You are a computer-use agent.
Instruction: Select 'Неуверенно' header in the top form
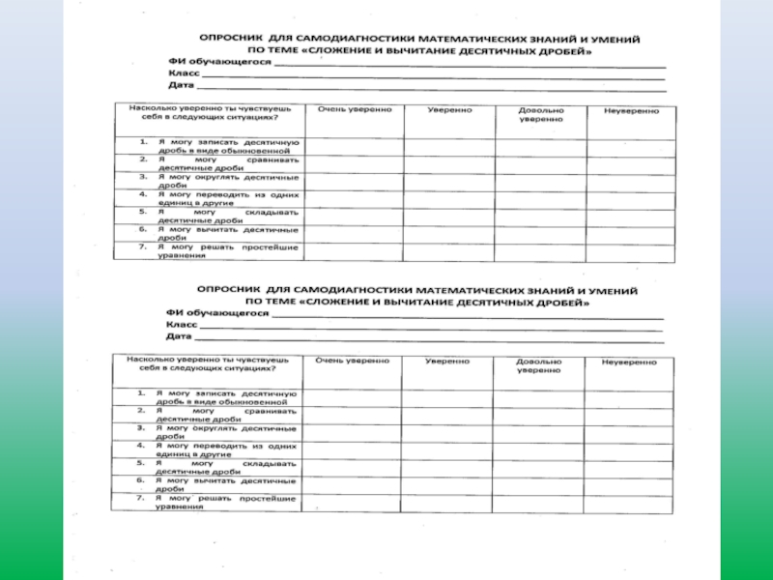tap(632, 111)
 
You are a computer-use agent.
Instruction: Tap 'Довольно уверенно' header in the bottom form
tap(538, 364)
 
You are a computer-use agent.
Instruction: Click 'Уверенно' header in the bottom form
tap(447, 361)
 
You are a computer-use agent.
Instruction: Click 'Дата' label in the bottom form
tap(179, 338)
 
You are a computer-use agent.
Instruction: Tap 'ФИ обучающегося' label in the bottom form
tap(216, 314)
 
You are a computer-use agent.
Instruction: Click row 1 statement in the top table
tap(217, 147)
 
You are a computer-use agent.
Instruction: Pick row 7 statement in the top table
tap(217, 251)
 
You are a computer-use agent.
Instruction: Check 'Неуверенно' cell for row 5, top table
tap(632, 216)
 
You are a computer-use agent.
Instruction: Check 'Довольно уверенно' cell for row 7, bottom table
tap(538, 501)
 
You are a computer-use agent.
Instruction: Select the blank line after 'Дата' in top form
tap(430, 88)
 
